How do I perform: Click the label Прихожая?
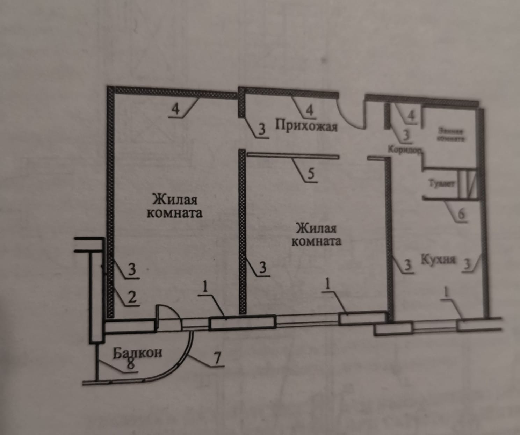pos(306,125)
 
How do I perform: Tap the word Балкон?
pos(137,353)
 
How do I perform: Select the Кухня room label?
pos(438,260)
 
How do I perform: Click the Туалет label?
pos(441,184)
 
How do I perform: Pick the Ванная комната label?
pos(451,135)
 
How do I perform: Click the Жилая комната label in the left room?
pos(174,206)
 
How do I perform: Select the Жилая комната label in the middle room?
pos(316,235)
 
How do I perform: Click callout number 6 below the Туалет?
pos(461,213)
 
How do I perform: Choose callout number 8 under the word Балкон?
pos(130,364)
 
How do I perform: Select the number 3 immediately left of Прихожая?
pos(262,130)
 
